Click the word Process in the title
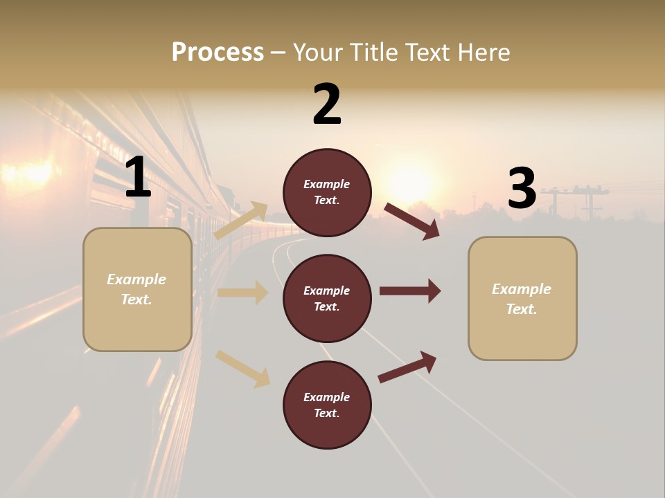point(218,53)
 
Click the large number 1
point(138,178)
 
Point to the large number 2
point(327,105)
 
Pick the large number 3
point(522,189)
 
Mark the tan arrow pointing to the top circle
point(241,220)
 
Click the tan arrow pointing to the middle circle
point(242,293)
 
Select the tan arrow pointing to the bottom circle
point(242,369)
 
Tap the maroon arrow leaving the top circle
point(412,221)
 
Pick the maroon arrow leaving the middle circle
point(410,291)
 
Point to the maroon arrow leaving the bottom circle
point(407,367)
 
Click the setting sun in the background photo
point(414,182)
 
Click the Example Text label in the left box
point(136,289)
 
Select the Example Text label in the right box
point(522,299)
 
